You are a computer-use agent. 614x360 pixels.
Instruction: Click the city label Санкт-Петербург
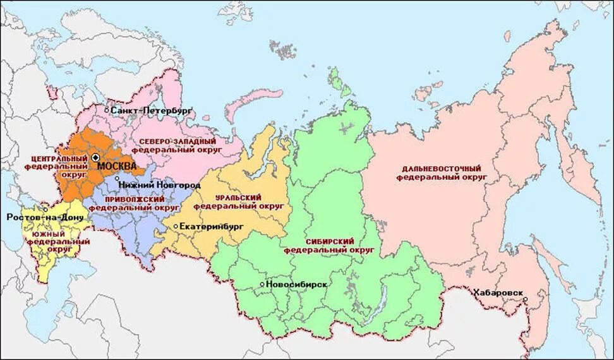[152, 111]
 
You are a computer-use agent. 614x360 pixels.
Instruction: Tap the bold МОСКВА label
[117, 165]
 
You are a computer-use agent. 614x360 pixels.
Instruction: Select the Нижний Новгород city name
[159, 185]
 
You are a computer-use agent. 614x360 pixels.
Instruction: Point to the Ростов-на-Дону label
[36, 217]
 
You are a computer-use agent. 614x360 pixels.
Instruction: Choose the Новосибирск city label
[297, 284]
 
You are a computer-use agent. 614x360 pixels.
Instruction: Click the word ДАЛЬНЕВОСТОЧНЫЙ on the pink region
[441, 169]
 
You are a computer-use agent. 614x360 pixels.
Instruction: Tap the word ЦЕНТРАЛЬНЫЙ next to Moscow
[58, 157]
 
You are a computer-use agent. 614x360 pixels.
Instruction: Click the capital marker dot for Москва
[95, 157]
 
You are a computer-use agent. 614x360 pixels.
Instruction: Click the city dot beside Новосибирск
[262, 284]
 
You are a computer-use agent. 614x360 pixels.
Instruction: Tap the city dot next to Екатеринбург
[175, 225]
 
